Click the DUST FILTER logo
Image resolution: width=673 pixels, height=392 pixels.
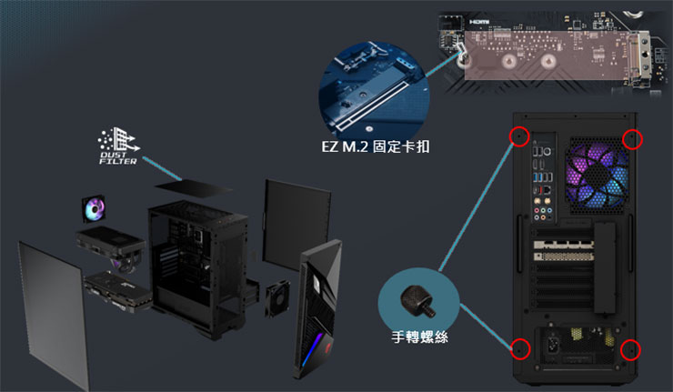pyautogui.click(x=119, y=146)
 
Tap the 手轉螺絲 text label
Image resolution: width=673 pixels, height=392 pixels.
pyautogui.click(x=418, y=337)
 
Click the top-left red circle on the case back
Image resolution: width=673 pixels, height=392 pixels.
pyautogui.click(x=518, y=136)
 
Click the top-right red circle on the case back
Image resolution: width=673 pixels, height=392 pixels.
pyautogui.click(x=634, y=138)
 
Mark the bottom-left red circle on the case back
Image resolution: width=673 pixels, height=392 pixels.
pyautogui.click(x=519, y=347)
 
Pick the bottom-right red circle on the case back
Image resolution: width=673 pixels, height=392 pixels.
pyautogui.click(x=631, y=349)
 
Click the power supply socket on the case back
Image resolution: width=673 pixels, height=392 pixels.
pyautogui.click(x=551, y=346)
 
